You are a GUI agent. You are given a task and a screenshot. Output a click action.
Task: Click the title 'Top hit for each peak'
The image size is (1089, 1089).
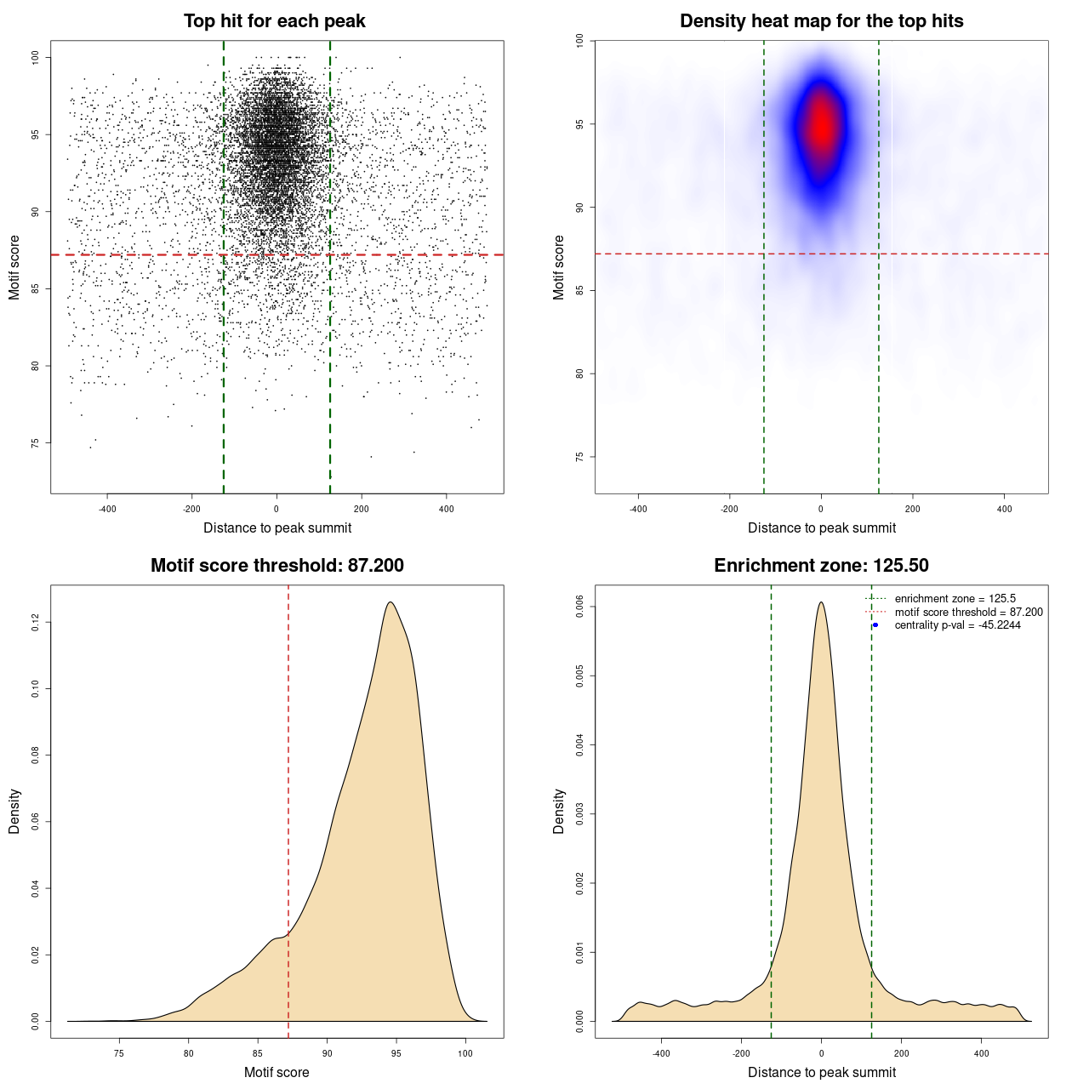[274, 21]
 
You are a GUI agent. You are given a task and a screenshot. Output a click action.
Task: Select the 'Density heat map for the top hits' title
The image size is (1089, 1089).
[821, 21]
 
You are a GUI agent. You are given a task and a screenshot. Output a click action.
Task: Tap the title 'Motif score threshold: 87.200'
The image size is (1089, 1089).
[277, 566]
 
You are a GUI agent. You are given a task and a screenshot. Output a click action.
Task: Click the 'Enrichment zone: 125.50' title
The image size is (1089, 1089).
[821, 566]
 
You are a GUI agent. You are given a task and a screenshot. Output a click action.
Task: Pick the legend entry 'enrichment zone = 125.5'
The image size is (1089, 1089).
[955, 599]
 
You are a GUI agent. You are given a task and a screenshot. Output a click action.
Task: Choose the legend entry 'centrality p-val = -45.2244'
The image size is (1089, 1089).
[957, 625]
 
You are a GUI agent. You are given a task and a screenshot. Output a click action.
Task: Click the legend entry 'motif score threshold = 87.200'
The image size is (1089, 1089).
[968, 613]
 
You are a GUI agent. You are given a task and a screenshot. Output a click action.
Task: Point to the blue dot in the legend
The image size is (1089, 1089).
[875, 625]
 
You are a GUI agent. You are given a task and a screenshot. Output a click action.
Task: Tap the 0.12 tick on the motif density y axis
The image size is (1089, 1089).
[35, 623]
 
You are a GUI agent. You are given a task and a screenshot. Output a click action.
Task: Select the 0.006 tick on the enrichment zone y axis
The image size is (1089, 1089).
[579, 607]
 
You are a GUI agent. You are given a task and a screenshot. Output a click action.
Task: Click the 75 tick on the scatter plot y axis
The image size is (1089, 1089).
[35, 443]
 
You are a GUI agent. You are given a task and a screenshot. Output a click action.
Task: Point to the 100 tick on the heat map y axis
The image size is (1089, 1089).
[579, 41]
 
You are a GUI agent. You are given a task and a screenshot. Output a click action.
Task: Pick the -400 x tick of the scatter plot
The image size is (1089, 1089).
[107, 510]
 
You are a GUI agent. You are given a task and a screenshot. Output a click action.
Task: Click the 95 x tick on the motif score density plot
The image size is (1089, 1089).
[396, 1053]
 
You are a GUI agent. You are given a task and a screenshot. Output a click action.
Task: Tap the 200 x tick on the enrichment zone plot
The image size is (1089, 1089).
[902, 1053]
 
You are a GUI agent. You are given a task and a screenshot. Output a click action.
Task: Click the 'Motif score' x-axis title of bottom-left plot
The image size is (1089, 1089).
[277, 1072]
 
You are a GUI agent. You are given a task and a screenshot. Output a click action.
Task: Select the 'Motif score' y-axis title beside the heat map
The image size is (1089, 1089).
[559, 267]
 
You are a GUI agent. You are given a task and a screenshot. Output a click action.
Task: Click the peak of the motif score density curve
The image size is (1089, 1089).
[391, 602]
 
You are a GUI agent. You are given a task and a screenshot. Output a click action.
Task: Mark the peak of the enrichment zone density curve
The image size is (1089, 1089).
[821, 602]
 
